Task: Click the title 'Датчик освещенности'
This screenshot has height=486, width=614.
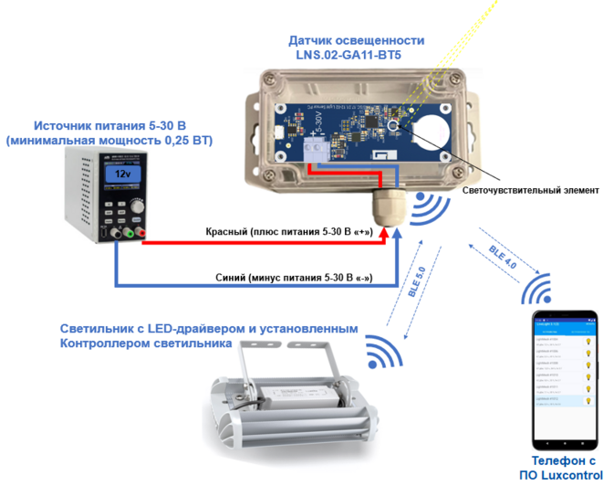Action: (357, 40)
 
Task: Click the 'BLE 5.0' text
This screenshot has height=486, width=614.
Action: (416, 282)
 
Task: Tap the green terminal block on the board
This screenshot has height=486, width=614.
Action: (317, 151)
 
